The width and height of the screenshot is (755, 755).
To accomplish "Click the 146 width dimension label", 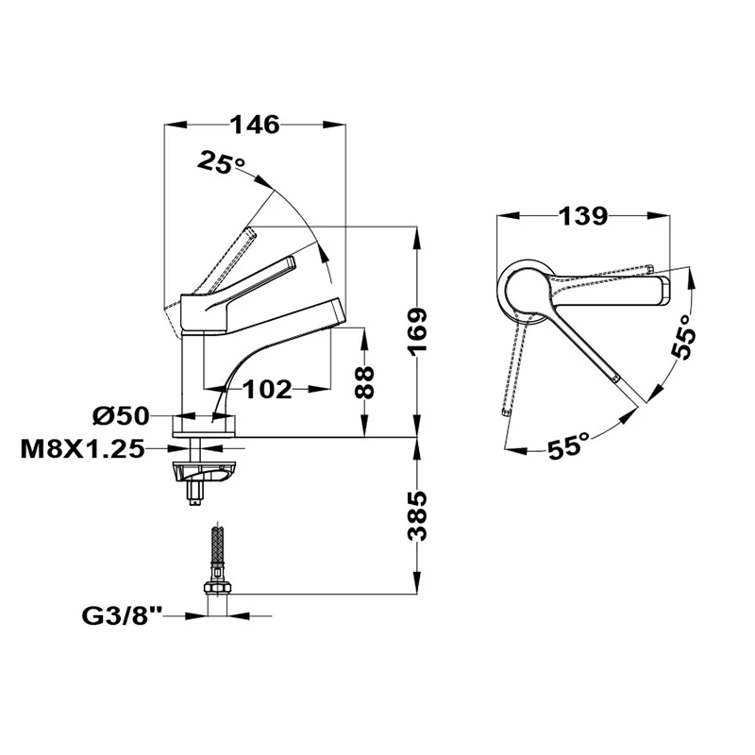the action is [x=255, y=126].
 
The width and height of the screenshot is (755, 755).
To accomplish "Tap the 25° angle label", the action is [x=220, y=161].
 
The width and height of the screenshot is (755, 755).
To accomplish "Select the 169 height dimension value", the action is [x=417, y=332].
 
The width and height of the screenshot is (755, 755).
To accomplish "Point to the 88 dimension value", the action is [x=364, y=382].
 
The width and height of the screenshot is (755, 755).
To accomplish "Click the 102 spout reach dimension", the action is [x=267, y=389].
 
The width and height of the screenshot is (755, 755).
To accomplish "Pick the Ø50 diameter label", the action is [x=121, y=415].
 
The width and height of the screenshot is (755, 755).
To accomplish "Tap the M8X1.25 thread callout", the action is [x=82, y=450].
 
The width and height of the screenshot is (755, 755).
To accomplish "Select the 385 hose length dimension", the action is [x=417, y=516].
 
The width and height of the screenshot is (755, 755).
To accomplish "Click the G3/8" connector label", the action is [x=123, y=616].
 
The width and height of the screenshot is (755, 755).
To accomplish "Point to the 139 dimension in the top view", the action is [x=582, y=216].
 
